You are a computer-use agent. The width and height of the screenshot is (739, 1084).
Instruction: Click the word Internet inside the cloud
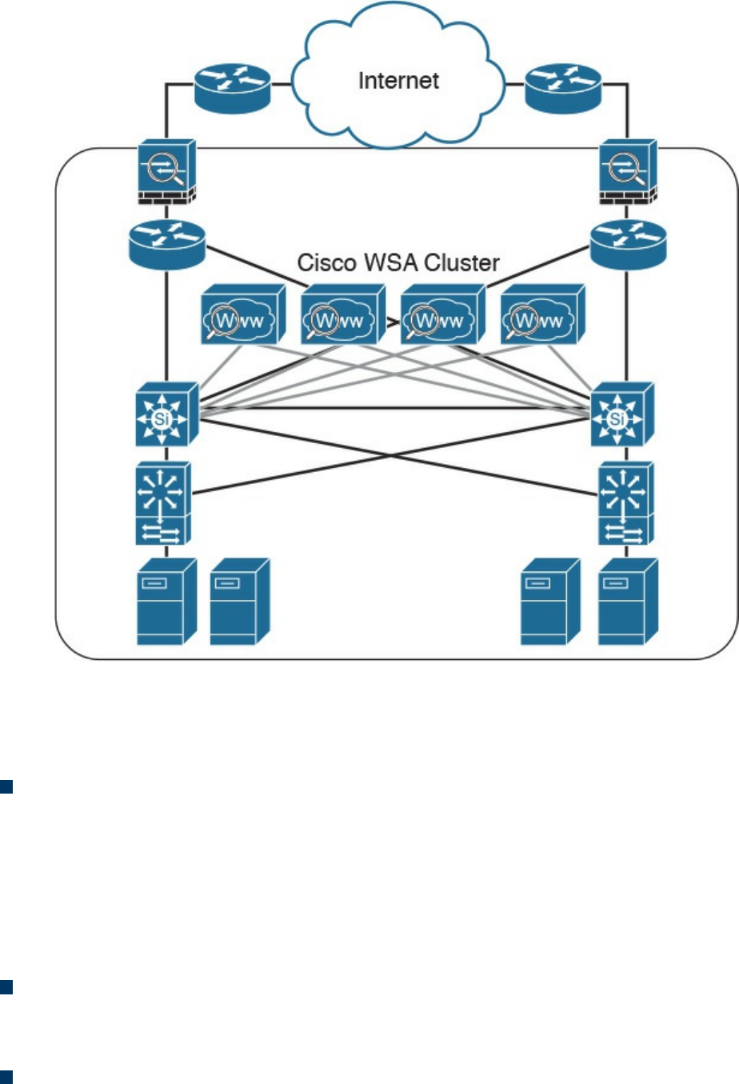click(x=398, y=81)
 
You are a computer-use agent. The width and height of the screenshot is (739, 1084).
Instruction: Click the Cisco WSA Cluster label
click(x=397, y=262)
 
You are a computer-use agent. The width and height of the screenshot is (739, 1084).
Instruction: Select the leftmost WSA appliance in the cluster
click(x=242, y=315)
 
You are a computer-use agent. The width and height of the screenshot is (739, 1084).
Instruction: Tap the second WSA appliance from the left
click(x=342, y=315)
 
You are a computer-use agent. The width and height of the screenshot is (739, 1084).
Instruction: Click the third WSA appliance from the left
click(x=442, y=315)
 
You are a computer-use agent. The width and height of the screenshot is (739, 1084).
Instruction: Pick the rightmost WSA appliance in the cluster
click(x=542, y=315)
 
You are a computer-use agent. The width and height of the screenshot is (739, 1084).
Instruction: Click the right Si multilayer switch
click(x=621, y=414)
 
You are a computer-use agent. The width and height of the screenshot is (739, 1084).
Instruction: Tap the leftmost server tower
click(x=166, y=602)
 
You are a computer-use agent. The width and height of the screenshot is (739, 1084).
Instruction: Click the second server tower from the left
click(x=239, y=602)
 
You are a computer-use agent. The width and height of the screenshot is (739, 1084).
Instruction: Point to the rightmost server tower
click(x=628, y=602)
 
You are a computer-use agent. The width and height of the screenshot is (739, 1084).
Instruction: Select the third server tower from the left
click(x=549, y=602)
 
